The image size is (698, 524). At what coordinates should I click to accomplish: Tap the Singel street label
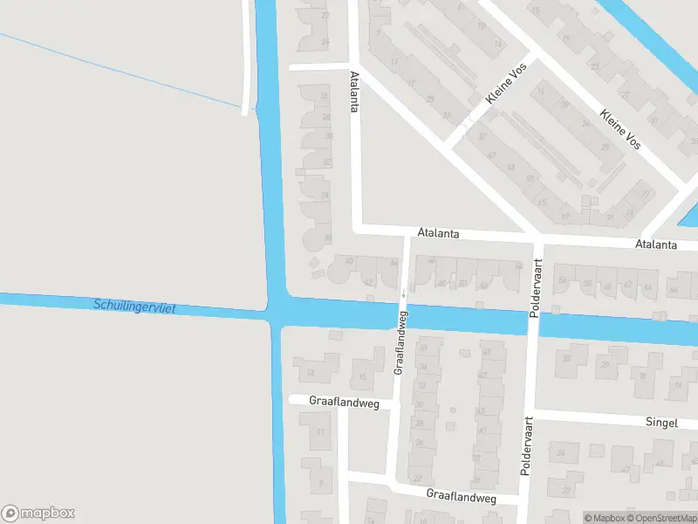(661, 423)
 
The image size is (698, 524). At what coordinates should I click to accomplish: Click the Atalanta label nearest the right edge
(656, 245)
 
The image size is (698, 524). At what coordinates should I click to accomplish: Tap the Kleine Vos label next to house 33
(503, 106)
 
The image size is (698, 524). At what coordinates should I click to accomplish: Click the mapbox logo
(38, 514)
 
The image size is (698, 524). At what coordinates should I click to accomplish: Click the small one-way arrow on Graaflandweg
(403, 295)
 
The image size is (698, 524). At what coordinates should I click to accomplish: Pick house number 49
(486, 352)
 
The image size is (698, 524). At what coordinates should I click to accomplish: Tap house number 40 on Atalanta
(350, 260)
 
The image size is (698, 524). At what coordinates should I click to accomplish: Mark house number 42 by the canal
(368, 282)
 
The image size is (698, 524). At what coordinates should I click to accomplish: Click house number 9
(321, 483)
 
